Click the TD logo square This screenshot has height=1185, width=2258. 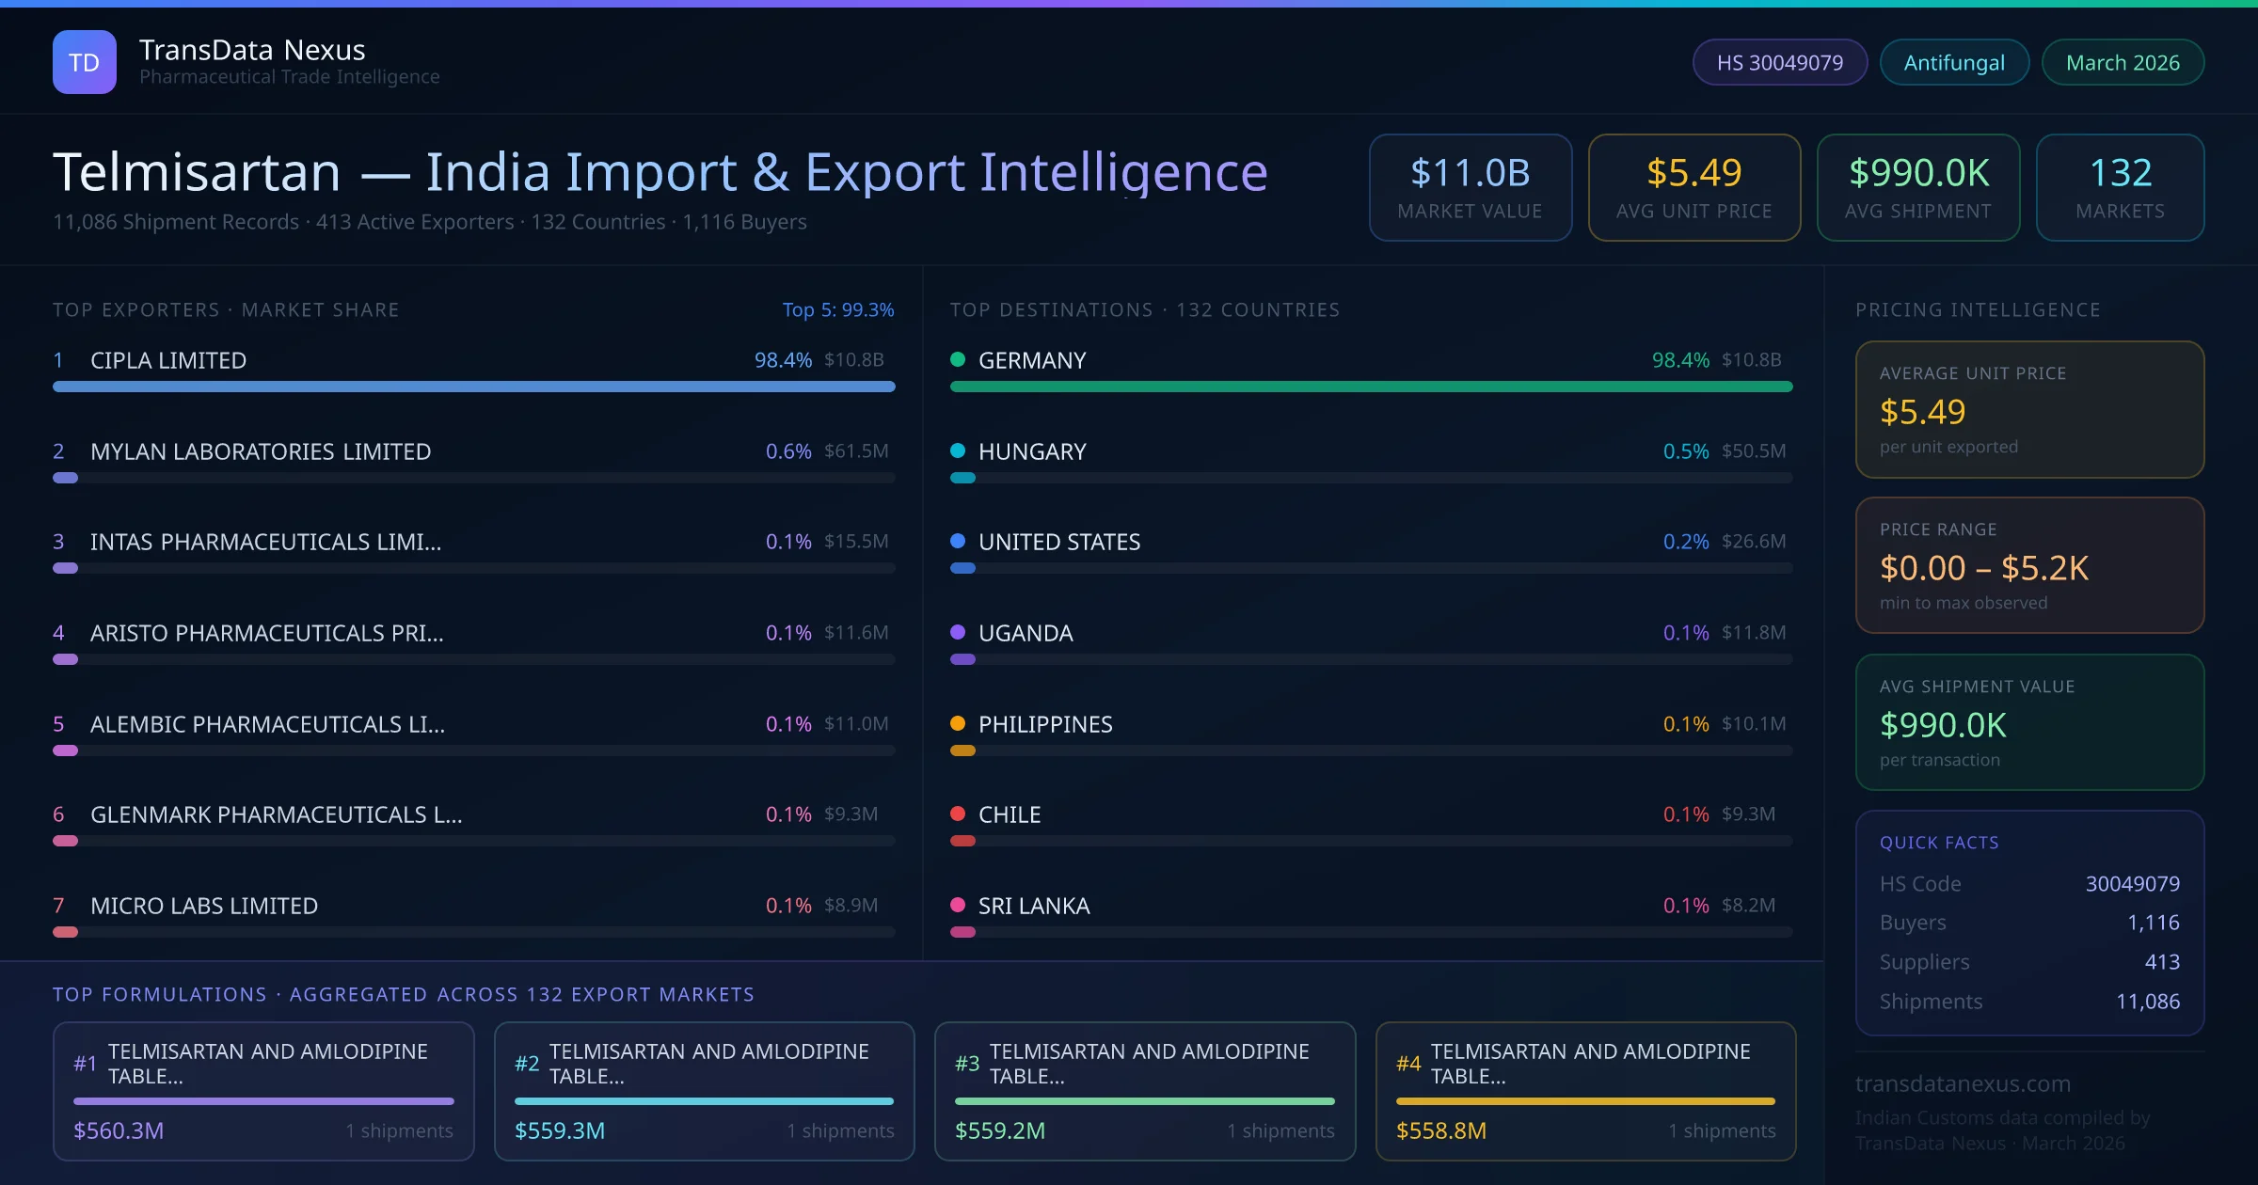pyautogui.click(x=84, y=62)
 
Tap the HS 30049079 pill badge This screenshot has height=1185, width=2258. pyautogui.click(x=1779, y=62)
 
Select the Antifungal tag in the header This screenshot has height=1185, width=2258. pyautogui.click(x=1953, y=62)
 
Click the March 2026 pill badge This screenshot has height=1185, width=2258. pyautogui.click(x=2122, y=62)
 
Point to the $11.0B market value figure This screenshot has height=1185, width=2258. pyautogui.click(x=1470, y=173)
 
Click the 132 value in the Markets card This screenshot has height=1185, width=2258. pyautogui.click(x=2120, y=173)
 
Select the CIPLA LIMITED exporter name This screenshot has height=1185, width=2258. pyautogui.click(x=168, y=360)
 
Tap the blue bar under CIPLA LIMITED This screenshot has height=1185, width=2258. pyautogui.click(x=473, y=387)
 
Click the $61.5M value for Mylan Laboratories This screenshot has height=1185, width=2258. pyautogui.click(x=855, y=451)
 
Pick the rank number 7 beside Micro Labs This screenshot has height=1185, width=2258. pyautogui.click(x=58, y=906)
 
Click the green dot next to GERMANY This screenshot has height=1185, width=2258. pyautogui.click(x=958, y=359)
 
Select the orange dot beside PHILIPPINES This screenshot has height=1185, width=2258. pyautogui.click(x=958, y=723)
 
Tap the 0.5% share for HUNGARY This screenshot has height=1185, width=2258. pyautogui.click(x=1685, y=451)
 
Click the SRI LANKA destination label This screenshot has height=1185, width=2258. pyautogui.click(x=1033, y=906)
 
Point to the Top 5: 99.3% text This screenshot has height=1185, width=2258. pyautogui.click(x=837, y=309)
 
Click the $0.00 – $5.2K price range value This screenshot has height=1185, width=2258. pyautogui.click(x=1983, y=568)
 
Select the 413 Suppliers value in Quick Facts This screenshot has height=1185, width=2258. pyautogui.click(x=2161, y=962)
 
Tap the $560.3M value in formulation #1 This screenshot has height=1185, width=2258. pyautogui.click(x=119, y=1130)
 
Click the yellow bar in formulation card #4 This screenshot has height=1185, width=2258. pyautogui.click(x=1585, y=1101)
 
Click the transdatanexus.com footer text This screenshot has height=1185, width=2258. pyautogui.click(x=1962, y=1083)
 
